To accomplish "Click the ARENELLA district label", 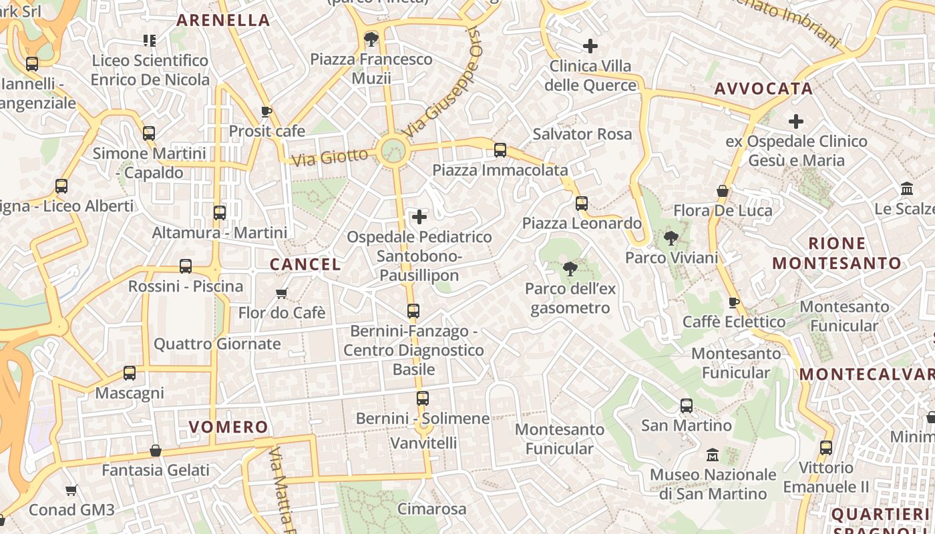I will coord(223,20).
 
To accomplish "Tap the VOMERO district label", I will coord(228,427).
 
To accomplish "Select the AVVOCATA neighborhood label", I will coord(763,89).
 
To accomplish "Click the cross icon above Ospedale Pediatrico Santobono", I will coord(419,217).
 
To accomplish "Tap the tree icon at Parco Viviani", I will coord(671,238).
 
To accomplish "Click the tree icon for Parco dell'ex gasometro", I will coord(570,269).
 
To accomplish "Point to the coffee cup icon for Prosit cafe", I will coord(266,111).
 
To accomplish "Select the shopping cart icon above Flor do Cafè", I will coord(282,293).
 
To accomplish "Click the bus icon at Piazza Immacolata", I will coord(500,150).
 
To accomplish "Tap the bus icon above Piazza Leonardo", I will coord(582,203).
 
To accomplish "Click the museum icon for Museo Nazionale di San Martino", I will coord(713,455).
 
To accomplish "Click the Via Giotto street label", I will coord(330,158).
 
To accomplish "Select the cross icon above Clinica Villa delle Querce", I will coord(590,46).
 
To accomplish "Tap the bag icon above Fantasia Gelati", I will coord(156,451).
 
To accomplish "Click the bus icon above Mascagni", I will coord(130,373).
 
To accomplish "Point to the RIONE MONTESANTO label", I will coord(837,253).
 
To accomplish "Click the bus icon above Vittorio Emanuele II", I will coord(826,447).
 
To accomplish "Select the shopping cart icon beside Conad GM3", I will coord(71,490).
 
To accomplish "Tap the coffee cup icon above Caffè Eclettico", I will coord(733,302).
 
